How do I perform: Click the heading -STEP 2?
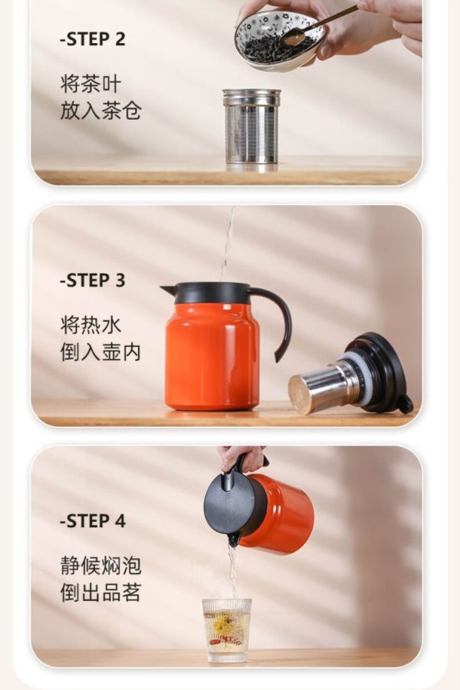92,38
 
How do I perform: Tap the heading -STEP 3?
92,280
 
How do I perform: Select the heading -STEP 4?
92,521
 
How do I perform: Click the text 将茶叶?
90,84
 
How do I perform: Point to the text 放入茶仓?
100,110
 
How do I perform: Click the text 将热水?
90,325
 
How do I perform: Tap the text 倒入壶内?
100,352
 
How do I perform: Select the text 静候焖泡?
100,566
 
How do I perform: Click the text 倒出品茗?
100,593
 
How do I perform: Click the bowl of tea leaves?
280,41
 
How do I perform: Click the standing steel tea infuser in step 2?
251,129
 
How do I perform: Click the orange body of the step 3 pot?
212,355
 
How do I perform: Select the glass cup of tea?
226,630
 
